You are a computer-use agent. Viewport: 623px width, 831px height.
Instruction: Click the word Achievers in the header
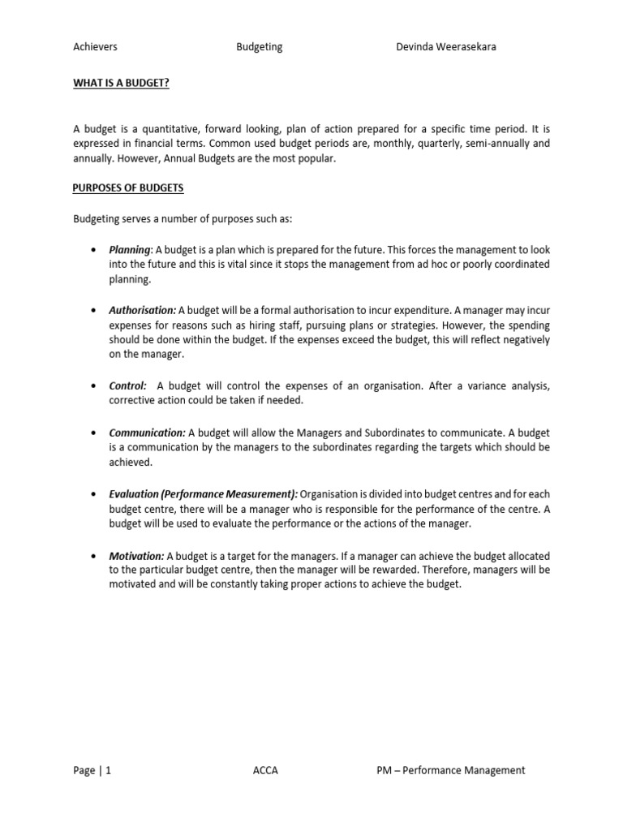coord(95,47)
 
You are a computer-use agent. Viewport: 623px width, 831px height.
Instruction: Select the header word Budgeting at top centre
coord(259,47)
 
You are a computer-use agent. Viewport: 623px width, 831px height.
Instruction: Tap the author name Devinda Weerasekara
coord(445,47)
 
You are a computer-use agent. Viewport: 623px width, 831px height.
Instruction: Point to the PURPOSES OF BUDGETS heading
coord(128,188)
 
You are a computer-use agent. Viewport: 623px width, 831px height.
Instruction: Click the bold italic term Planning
coord(130,250)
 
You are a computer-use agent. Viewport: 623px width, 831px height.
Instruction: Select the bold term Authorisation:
coord(142,311)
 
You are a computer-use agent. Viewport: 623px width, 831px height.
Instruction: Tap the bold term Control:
coord(127,386)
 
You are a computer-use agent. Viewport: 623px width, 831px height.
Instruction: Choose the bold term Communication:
coord(147,433)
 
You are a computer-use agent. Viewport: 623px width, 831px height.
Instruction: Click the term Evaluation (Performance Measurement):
coord(204,494)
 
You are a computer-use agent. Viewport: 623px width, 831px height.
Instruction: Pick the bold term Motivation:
coord(136,556)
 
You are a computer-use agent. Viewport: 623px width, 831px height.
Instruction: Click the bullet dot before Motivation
coord(96,557)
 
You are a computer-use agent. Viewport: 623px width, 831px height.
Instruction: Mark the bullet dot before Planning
coord(96,251)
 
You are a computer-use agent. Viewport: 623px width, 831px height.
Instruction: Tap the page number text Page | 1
coord(92,771)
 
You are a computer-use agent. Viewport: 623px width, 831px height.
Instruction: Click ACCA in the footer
coord(265,771)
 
